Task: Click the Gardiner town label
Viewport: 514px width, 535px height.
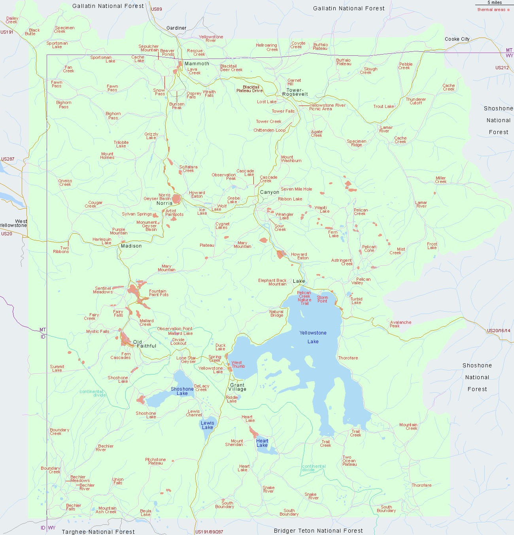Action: (x=176, y=28)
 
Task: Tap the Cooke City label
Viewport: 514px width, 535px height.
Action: (x=457, y=39)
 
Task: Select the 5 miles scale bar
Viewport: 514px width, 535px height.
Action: (x=494, y=4)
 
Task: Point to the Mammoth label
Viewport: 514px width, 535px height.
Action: (x=197, y=64)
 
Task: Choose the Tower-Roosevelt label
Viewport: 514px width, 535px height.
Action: (x=295, y=92)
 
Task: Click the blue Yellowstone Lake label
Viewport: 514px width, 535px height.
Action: (x=313, y=337)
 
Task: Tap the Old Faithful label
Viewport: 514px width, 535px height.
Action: (x=144, y=344)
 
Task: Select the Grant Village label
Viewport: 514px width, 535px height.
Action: (x=237, y=387)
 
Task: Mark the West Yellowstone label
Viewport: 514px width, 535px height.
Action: (x=14, y=223)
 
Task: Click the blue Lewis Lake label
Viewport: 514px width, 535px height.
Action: (x=207, y=425)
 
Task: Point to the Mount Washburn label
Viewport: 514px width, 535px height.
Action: (x=291, y=159)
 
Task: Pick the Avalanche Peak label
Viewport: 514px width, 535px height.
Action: (x=401, y=324)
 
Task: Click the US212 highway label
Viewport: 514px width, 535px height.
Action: (x=502, y=68)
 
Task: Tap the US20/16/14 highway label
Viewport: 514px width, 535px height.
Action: (x=499, y=331)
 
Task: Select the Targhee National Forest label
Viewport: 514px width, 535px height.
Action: (x=98, y=532)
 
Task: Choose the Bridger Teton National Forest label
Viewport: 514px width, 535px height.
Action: (x=318, y=531)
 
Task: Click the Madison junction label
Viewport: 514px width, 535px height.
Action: (x=131, y=246)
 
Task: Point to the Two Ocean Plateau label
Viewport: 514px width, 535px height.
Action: (x=349, y=461)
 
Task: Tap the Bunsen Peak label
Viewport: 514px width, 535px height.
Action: (x=177, y=106)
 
